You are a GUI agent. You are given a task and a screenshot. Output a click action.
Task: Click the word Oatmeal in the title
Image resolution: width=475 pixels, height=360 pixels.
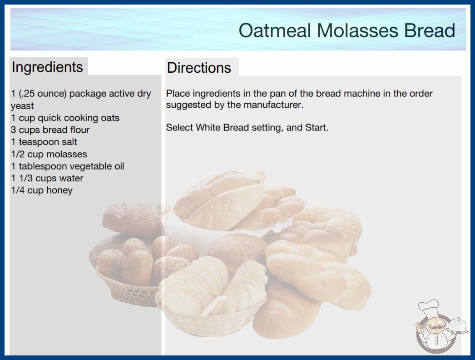(275, 30)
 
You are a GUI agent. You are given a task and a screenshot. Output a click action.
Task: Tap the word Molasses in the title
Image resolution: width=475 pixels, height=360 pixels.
(357, 30)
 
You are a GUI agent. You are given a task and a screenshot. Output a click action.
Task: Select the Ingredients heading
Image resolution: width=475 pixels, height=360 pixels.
(47, 67)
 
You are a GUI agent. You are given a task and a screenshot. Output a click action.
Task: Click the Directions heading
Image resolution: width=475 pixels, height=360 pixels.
(199, 68)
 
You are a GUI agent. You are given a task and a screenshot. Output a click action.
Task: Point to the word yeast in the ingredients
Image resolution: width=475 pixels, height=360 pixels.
(22, 106)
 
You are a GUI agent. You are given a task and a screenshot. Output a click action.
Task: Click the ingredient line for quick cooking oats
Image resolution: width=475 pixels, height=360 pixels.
(65, 118)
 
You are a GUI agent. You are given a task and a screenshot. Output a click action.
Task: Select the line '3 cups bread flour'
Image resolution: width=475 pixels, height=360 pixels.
(50, 130)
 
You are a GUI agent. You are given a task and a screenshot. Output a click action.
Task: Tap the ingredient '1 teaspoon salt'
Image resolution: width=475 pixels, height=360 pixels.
(44, 142)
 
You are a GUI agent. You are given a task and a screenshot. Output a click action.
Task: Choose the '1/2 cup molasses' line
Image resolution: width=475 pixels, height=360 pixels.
(49, 154)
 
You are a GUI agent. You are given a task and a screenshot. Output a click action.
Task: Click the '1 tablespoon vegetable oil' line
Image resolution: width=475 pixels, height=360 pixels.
(68, 166)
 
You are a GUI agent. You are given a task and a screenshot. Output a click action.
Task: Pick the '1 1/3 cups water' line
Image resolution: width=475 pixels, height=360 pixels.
(47, 178)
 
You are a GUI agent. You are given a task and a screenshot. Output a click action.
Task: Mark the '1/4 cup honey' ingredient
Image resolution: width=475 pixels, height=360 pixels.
(42, 190)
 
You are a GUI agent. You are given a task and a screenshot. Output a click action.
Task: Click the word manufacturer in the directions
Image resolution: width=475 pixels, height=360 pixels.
(273, 105)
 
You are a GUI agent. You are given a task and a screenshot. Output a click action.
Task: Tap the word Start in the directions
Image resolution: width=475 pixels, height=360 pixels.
(317, 127)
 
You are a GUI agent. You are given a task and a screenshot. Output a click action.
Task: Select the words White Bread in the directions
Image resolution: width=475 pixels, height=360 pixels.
(223, 127)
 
